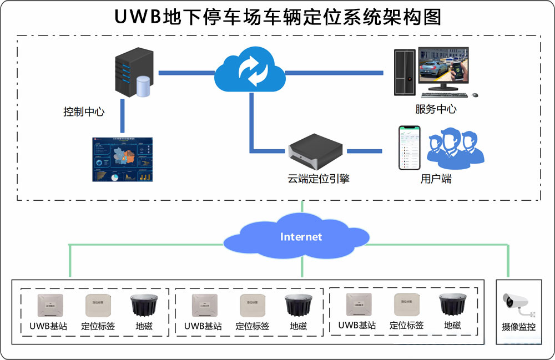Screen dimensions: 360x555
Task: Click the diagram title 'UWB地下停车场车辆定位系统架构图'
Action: point(277,17)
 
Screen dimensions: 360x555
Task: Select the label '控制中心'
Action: point(84,112)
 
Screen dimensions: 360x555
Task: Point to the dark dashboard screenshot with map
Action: point(122,159)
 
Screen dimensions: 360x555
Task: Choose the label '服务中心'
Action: point(436,109)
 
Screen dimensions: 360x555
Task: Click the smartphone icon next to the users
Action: point(410,148)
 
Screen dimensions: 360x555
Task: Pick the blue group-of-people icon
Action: point(456,149)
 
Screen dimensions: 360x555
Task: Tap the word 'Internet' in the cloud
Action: point(301,237)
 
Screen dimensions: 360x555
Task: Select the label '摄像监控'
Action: point(519,327)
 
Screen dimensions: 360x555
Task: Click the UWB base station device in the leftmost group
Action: point(50,304)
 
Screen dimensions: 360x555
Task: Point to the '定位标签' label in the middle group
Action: point(253,326)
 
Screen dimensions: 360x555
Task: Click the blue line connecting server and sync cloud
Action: point(186,73)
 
